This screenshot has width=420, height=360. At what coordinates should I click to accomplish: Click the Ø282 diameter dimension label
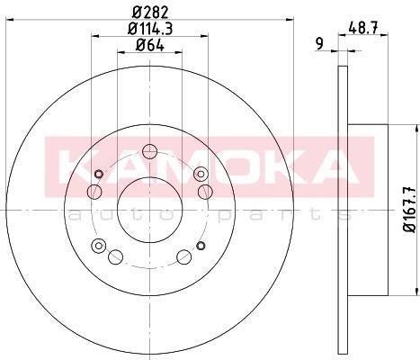point(150,13)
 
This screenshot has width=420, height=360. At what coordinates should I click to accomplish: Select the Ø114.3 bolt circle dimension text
point(150,29)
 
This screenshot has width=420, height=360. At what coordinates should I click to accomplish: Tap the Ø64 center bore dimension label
point(150,45)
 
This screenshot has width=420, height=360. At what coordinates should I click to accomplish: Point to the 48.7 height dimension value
point(363,29)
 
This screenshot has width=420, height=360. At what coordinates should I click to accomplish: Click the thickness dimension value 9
point(320,44)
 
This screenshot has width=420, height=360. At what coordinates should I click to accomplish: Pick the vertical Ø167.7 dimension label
point(410,210)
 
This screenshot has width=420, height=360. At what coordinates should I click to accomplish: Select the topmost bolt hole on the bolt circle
point(149,151)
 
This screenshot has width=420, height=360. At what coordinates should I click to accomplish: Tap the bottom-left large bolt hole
point(115,256)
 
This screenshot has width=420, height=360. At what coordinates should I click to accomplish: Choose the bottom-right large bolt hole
point(184,256)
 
